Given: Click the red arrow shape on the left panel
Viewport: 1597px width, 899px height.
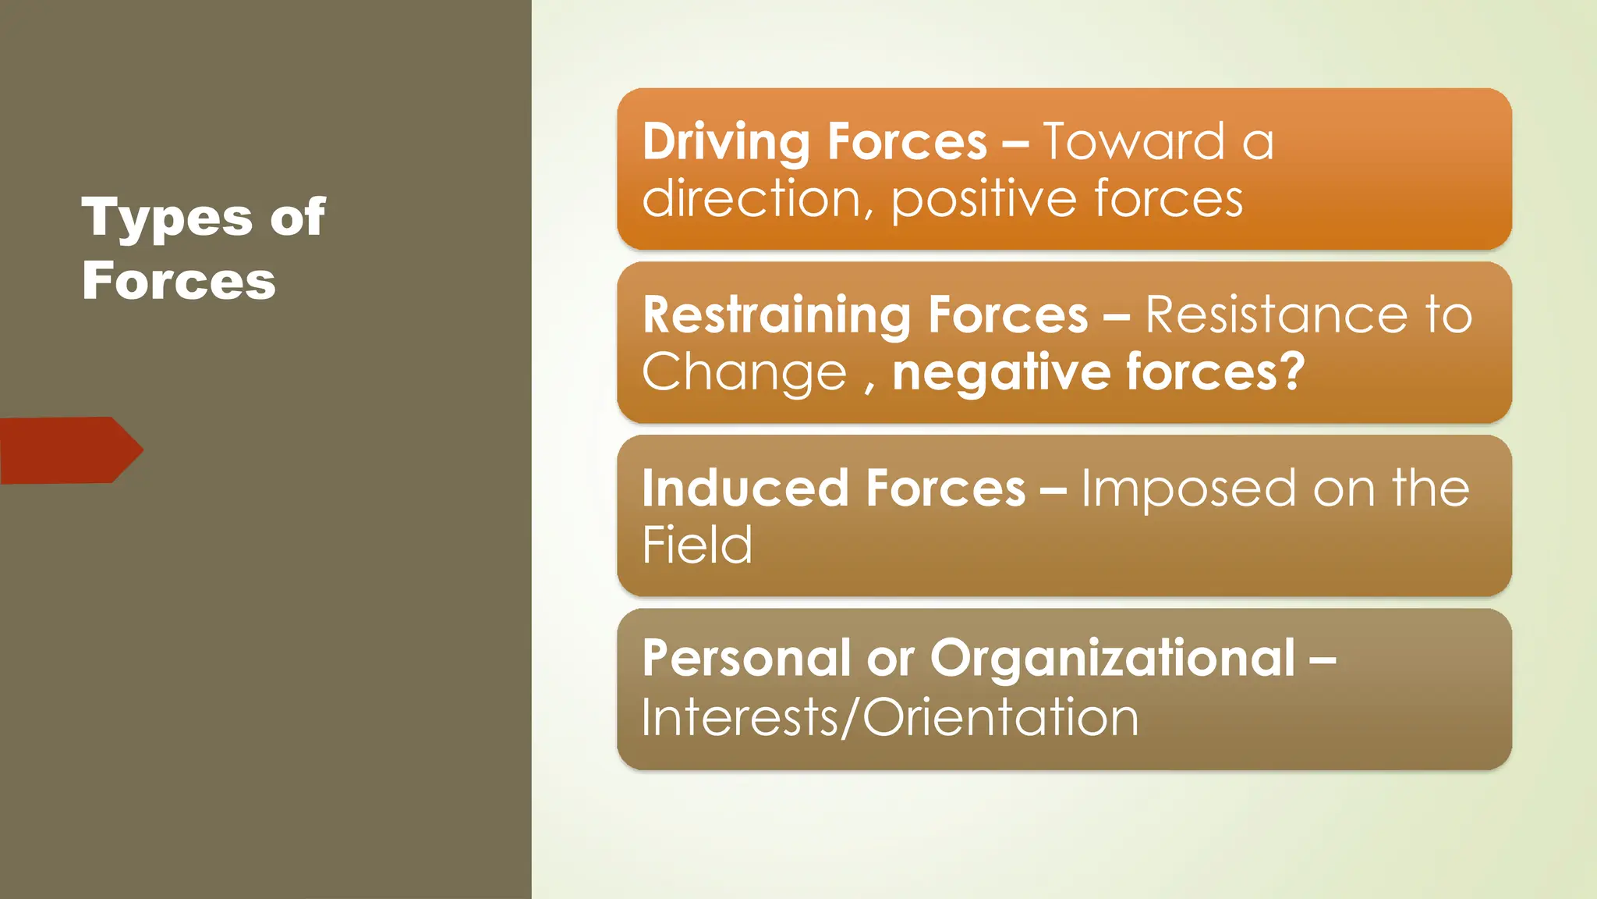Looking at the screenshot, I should pyautogui.click(x=70, y=450).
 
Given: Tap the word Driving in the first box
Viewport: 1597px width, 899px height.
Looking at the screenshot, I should pyautogui.click(x=726, y=143).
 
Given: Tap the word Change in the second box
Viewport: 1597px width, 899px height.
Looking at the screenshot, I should pyautogui.click(x=744, y=372).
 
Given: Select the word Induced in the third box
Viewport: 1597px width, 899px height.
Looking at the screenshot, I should pyautogui.click(x=745, y=489).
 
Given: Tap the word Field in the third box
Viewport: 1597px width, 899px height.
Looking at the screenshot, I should pyautogui.click(x=697, y=545).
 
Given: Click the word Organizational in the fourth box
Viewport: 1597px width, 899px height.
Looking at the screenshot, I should pyautogui.click(x=1113, y=658).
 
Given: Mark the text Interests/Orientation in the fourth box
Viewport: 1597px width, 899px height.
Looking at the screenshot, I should pyautogui.click(x=890, y=717).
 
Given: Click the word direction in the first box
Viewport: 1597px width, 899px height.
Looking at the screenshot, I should pyautogui.click(x=752, y=198).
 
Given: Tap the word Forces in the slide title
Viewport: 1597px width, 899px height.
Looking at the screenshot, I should pyautogui.click(x=179, y=281).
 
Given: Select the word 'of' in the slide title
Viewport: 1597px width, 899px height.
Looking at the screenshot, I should pyautogui.click(x=298, y=217).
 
